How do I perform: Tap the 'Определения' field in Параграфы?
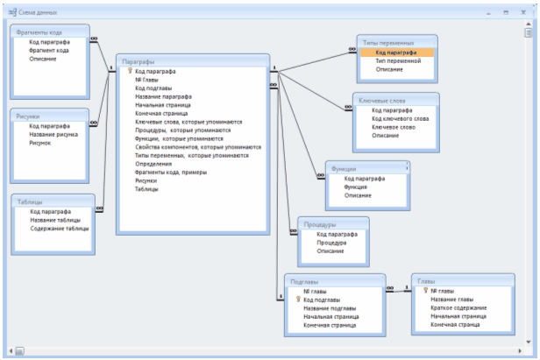point(153,164)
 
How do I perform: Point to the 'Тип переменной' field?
point(398,61)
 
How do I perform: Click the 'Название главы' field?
point(452,299)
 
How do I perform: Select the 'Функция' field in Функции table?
point(356,187)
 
